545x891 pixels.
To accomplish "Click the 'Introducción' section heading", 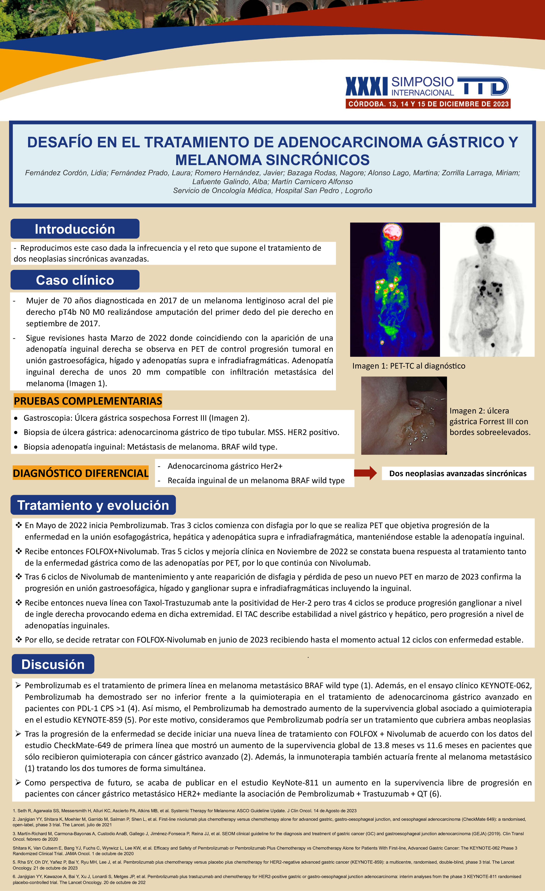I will click(75, 229).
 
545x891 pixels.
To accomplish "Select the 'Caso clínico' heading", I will click(75, 280).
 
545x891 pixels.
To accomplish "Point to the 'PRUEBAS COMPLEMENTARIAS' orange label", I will click(88, 401).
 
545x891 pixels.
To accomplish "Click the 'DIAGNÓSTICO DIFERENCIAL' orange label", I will click(81, 473).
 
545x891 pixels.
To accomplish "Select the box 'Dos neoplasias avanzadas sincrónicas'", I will click(458, 473).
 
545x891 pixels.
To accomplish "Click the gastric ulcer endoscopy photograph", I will click(404, 416).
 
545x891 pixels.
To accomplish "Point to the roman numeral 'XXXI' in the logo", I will click(367, 87).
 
